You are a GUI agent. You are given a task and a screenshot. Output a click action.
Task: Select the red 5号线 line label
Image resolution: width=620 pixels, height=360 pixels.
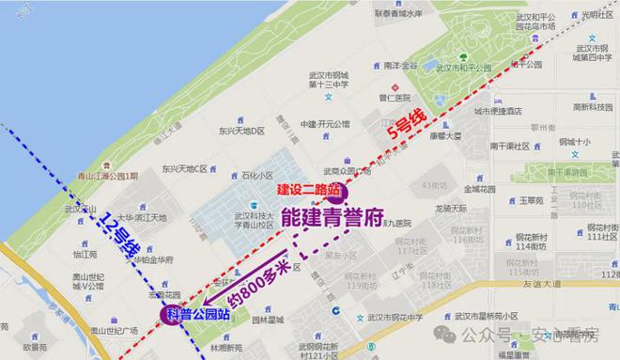click(407, 126)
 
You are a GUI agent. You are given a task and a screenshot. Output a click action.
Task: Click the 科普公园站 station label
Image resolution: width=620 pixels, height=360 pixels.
click(196, 314)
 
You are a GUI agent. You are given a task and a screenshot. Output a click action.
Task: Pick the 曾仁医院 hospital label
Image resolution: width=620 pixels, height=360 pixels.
click(395, 97)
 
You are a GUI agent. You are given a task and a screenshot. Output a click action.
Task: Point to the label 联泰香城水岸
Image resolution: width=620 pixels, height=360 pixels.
click(405, 14)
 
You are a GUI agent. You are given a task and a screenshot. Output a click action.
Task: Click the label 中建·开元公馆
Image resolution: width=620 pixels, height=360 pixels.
click(325, 123)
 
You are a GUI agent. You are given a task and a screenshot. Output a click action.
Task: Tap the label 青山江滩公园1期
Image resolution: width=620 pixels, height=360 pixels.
click(109, 176)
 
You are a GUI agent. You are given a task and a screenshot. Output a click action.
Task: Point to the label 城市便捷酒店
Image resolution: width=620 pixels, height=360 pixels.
click(497, 109)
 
